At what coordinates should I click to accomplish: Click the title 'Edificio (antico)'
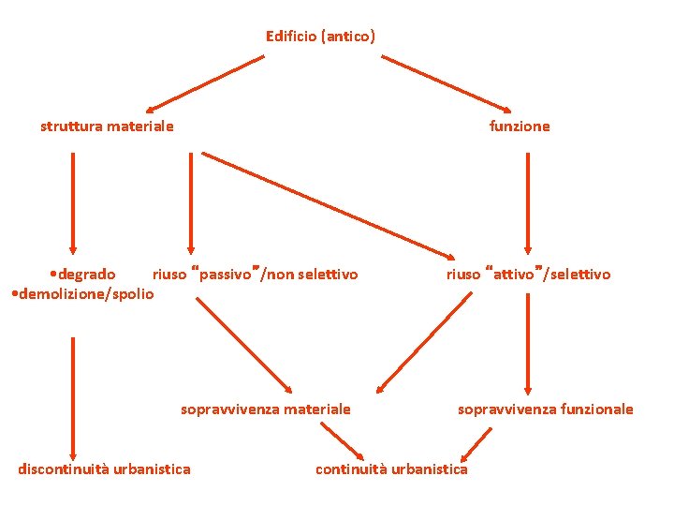pos(320,37)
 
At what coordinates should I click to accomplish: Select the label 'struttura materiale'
pos(107,126)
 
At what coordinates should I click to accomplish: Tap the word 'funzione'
pos(520,126)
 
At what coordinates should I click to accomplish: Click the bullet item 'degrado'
pos(85,275)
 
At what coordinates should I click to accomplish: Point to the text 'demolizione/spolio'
pos(82,293)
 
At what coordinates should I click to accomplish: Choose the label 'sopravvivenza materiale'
pos(265,409)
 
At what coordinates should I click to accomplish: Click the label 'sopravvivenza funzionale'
pos(545,409)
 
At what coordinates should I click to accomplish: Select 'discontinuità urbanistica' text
pos(104,469)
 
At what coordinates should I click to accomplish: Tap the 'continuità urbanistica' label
pos(391,469)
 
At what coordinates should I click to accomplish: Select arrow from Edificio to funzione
pos(447,83)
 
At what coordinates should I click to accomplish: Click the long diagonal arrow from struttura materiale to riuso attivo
pos(328,205)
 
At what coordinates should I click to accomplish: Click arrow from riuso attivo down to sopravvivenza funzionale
pos(528,342)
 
